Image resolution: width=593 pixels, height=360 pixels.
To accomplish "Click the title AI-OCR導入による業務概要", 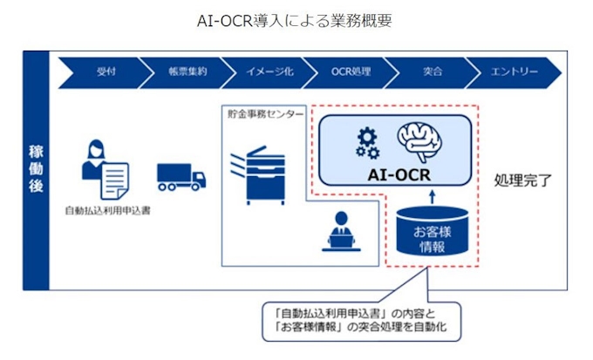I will (x=296, y=19).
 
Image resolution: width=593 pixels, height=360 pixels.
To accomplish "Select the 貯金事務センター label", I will (x=264, y=114).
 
